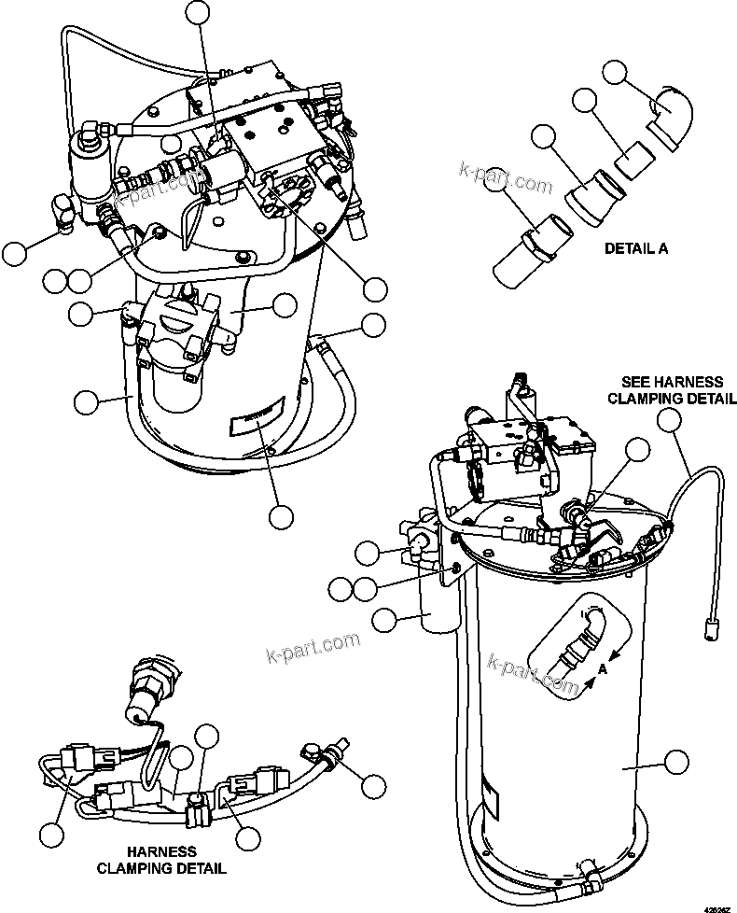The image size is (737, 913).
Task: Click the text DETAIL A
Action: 636,249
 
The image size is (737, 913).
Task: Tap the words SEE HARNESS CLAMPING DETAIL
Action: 672,390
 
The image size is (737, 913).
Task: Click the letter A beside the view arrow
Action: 604,669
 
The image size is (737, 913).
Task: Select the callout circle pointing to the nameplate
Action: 280,515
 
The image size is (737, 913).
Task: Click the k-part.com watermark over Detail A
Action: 505,177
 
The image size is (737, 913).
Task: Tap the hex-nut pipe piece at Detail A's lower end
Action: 520,253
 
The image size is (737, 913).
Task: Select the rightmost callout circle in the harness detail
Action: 374,786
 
